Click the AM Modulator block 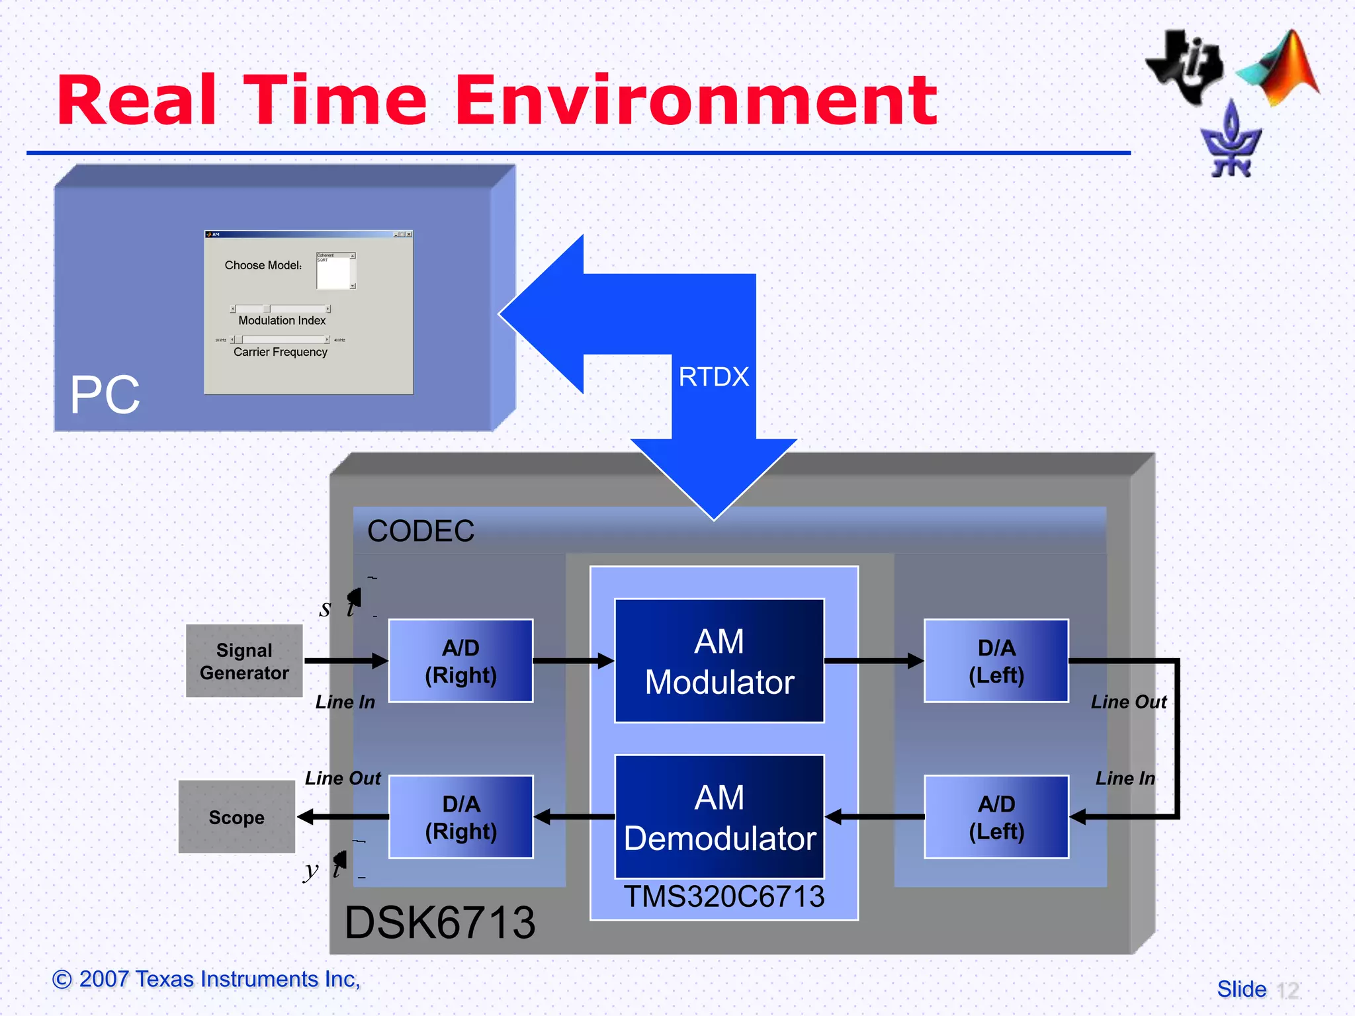coord(719,661)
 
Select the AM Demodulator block coord(719,817)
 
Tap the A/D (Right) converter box coord(460,661)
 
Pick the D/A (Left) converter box coord(996,661)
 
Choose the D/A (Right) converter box coord(460,817)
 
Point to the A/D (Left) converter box coord(996,817)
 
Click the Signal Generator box coord(244,661)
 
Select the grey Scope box coord(236,817)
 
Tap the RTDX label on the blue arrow coord(713,377)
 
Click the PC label coord(105,395)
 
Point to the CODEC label coord(421,530)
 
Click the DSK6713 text coord(439,922)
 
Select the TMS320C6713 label coord(724,897)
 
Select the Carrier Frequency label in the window coord(281,352)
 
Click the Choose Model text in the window coord(263,265)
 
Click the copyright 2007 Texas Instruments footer coord(206,979)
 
